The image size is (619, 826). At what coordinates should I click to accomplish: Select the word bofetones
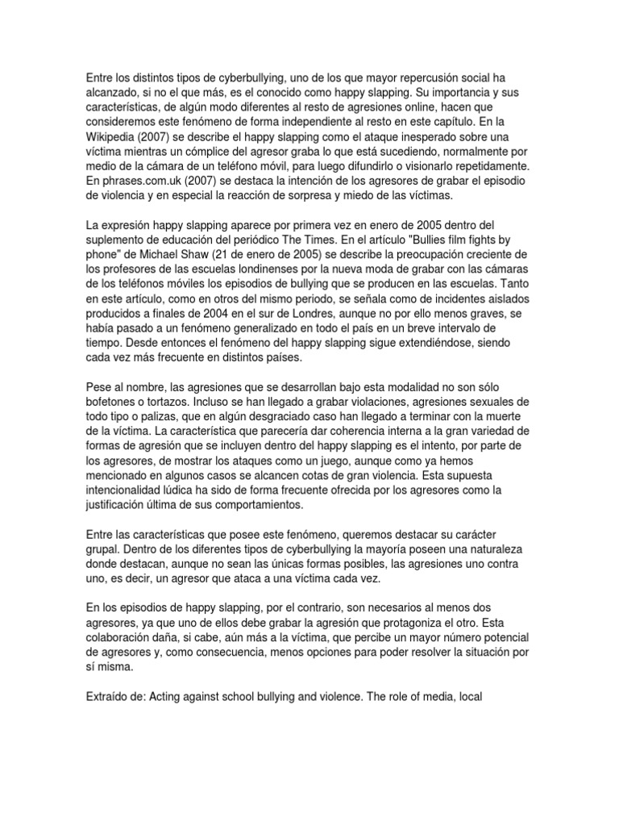116,402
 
